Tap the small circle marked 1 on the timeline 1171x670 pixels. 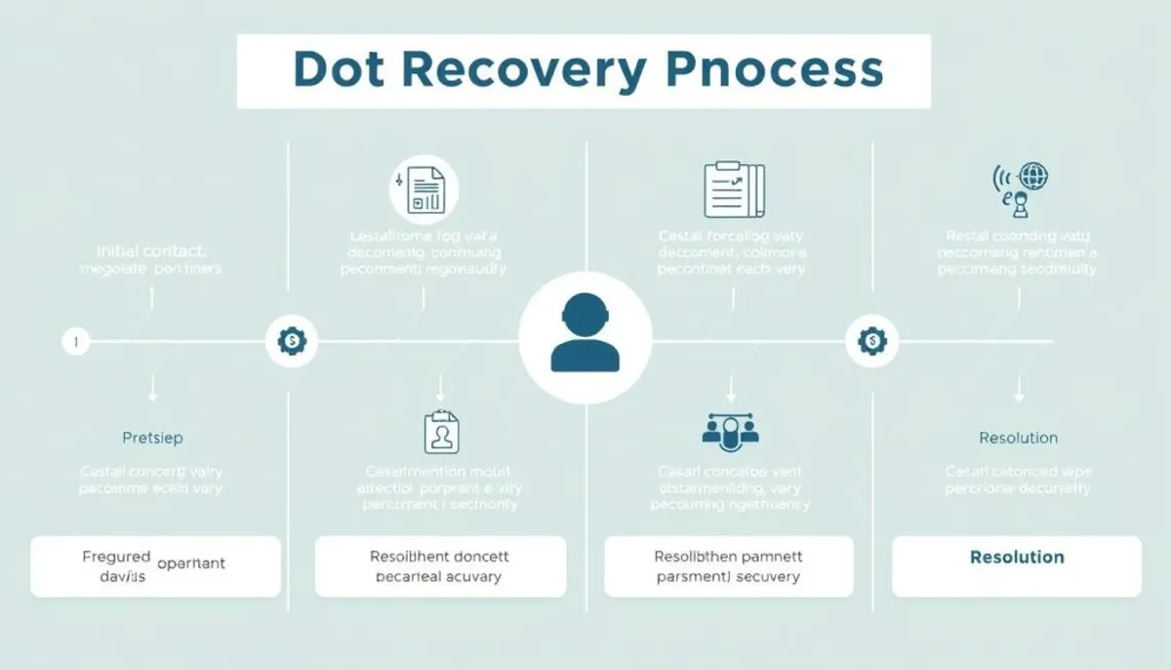(75, 342)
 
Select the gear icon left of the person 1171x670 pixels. (291, 341)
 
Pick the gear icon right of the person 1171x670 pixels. (870, 341)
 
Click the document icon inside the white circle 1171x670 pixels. (424, 188)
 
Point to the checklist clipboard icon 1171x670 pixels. (732, 188)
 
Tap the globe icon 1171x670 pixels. (1032, 177)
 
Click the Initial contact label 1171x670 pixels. (151, 251)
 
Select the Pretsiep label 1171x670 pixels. (152, 438)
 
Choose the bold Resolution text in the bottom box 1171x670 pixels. (1017, 558)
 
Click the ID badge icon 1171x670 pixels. (441, 432)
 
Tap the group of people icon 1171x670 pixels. (730, 430)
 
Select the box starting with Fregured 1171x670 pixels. (155, 566)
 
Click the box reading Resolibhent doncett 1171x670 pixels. (440, 566)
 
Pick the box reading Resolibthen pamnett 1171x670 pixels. (729, 566)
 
